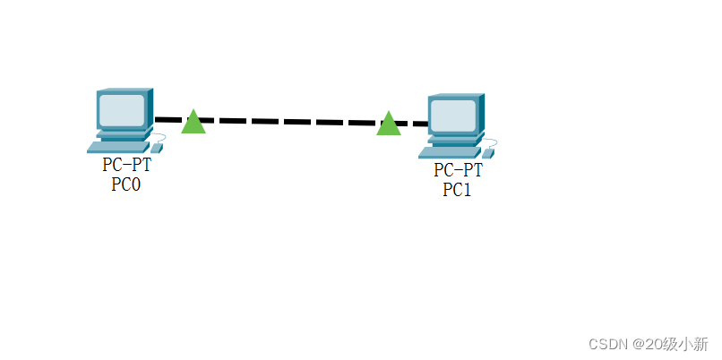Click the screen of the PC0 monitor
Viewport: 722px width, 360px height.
click(121, 110)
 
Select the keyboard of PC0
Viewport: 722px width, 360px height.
click(117, 146)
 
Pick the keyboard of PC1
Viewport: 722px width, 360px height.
click(449, 151)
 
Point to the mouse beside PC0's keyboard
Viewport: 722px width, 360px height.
click(157, 145)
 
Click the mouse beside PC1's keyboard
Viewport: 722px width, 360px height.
click(488, 151)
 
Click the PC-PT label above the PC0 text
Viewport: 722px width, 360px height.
click(126, 166)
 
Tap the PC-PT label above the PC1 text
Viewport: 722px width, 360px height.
click(458, 170)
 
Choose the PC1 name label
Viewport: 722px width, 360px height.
click(457, 189)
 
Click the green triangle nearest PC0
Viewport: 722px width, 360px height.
click(193, 123)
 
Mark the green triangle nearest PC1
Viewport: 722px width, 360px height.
click(389, 124)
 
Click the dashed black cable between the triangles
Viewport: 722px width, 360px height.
click(291, 121)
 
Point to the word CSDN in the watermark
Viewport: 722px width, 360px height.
click(606, 343)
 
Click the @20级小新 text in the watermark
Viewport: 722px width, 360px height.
click(669, 343)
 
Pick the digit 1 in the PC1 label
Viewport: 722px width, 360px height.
click(466, 189)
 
